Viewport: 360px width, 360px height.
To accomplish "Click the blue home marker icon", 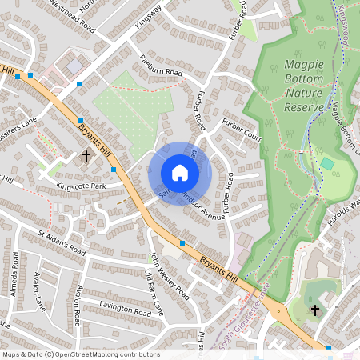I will (x=180, y=173).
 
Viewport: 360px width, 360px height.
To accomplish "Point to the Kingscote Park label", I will (x=82, y=186).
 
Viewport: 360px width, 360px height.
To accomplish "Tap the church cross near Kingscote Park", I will (x=86, y=157).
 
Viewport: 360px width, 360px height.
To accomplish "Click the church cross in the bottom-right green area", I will (x=315, y=310).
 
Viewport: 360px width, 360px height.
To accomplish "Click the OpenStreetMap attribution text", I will (x=81, y=354).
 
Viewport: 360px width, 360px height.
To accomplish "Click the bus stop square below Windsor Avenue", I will (x=182, y=242).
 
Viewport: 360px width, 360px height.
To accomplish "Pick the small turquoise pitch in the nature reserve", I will (x=327, y=164).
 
